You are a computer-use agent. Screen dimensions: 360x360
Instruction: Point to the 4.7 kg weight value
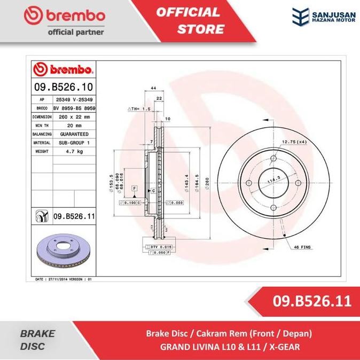[69, 152]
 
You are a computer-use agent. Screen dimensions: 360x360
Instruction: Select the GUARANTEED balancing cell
[73, 134]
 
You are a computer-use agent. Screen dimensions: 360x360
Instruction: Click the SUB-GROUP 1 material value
[73, 143]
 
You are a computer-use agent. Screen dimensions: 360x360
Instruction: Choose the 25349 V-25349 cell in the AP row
[73, 99]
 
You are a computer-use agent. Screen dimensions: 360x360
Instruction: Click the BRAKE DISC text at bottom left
[37, 340]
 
